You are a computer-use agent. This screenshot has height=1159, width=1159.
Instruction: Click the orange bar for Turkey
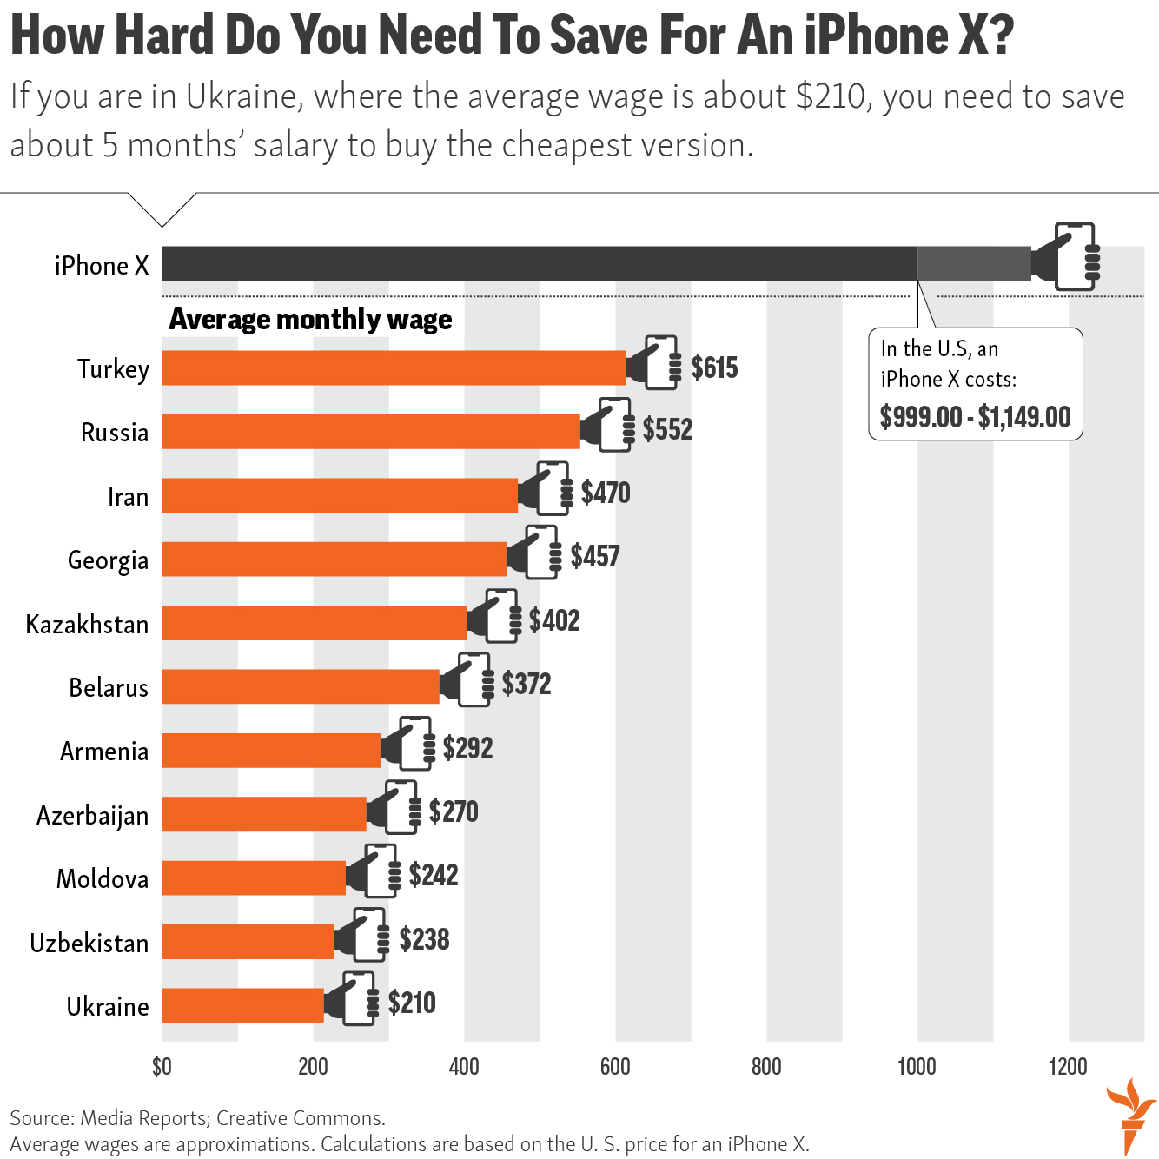tap(394, 368)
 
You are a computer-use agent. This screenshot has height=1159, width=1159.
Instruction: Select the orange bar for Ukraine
tap(242, 1005)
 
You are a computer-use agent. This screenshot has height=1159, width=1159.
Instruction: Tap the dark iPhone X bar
tap(539, 263)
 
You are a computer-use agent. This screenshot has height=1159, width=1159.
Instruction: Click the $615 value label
tap(714, 368)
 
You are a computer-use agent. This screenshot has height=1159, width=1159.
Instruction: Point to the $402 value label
tap(554, 620)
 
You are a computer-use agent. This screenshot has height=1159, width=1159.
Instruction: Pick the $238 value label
tap(424, 939)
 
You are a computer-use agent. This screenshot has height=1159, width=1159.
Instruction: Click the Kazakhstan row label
tap(87, 625)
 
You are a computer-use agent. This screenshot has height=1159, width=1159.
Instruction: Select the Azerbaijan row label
tap(92, 816)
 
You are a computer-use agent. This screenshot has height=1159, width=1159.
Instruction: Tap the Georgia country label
tap(108, 560)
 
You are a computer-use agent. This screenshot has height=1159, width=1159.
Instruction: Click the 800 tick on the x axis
tap(766, 1067)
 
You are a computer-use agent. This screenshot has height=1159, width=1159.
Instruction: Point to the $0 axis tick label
tap(162, 1067)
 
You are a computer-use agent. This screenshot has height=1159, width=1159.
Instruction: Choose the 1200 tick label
tap(1068, 1067)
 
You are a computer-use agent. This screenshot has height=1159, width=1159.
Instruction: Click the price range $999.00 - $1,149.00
tap(975, 417)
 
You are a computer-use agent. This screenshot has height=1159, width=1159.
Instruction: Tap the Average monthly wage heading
tap(310, 320)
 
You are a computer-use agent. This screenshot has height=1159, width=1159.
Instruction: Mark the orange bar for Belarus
tap(301, 686)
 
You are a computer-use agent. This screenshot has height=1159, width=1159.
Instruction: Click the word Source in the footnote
tap(41, 1118)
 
